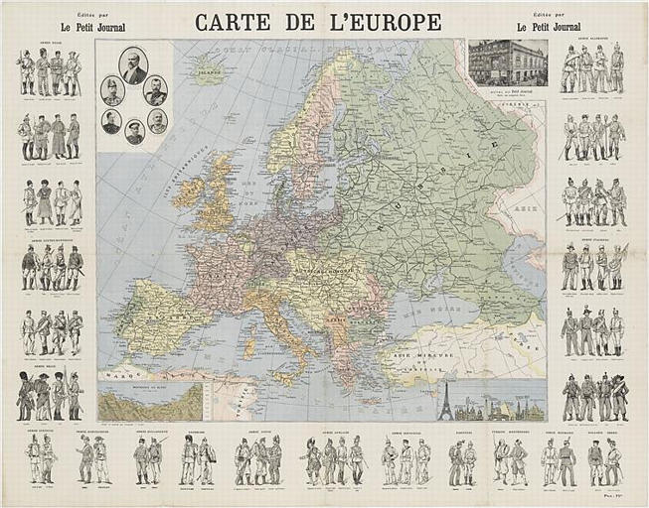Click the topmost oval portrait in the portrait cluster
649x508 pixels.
point(133,65)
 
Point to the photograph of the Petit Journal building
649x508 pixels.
point(507,62)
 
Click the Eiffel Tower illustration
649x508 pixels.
point(445,401)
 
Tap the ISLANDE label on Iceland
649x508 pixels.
point(209,70)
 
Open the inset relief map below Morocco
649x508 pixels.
point(149,402)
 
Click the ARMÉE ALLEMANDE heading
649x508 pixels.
point(592,41)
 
